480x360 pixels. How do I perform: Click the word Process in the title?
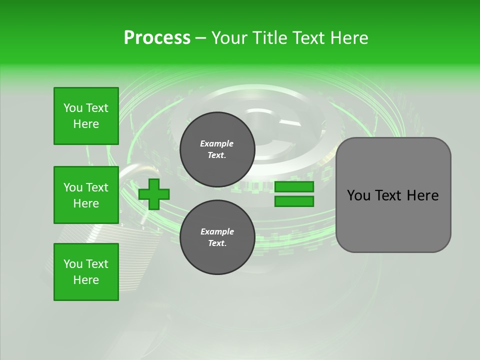point(157,38)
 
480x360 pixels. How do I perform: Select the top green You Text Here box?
point(86,116)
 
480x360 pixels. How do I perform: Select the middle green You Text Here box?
point(86,195)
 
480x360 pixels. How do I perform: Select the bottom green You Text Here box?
point(86,272)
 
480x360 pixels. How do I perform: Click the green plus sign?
point(153,194)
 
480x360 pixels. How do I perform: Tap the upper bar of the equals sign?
point(294,187)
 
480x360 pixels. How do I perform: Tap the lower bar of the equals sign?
point(294,201)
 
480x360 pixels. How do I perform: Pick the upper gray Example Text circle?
point(217,149)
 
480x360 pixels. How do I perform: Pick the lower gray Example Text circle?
point(217,237)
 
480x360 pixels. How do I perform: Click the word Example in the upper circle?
point(217,143)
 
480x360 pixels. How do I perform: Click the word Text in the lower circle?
point(217,243)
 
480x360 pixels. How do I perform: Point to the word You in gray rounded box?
point(358,195)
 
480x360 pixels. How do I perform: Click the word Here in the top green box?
point(86,124)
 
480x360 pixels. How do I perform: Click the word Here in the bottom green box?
point(86,280)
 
